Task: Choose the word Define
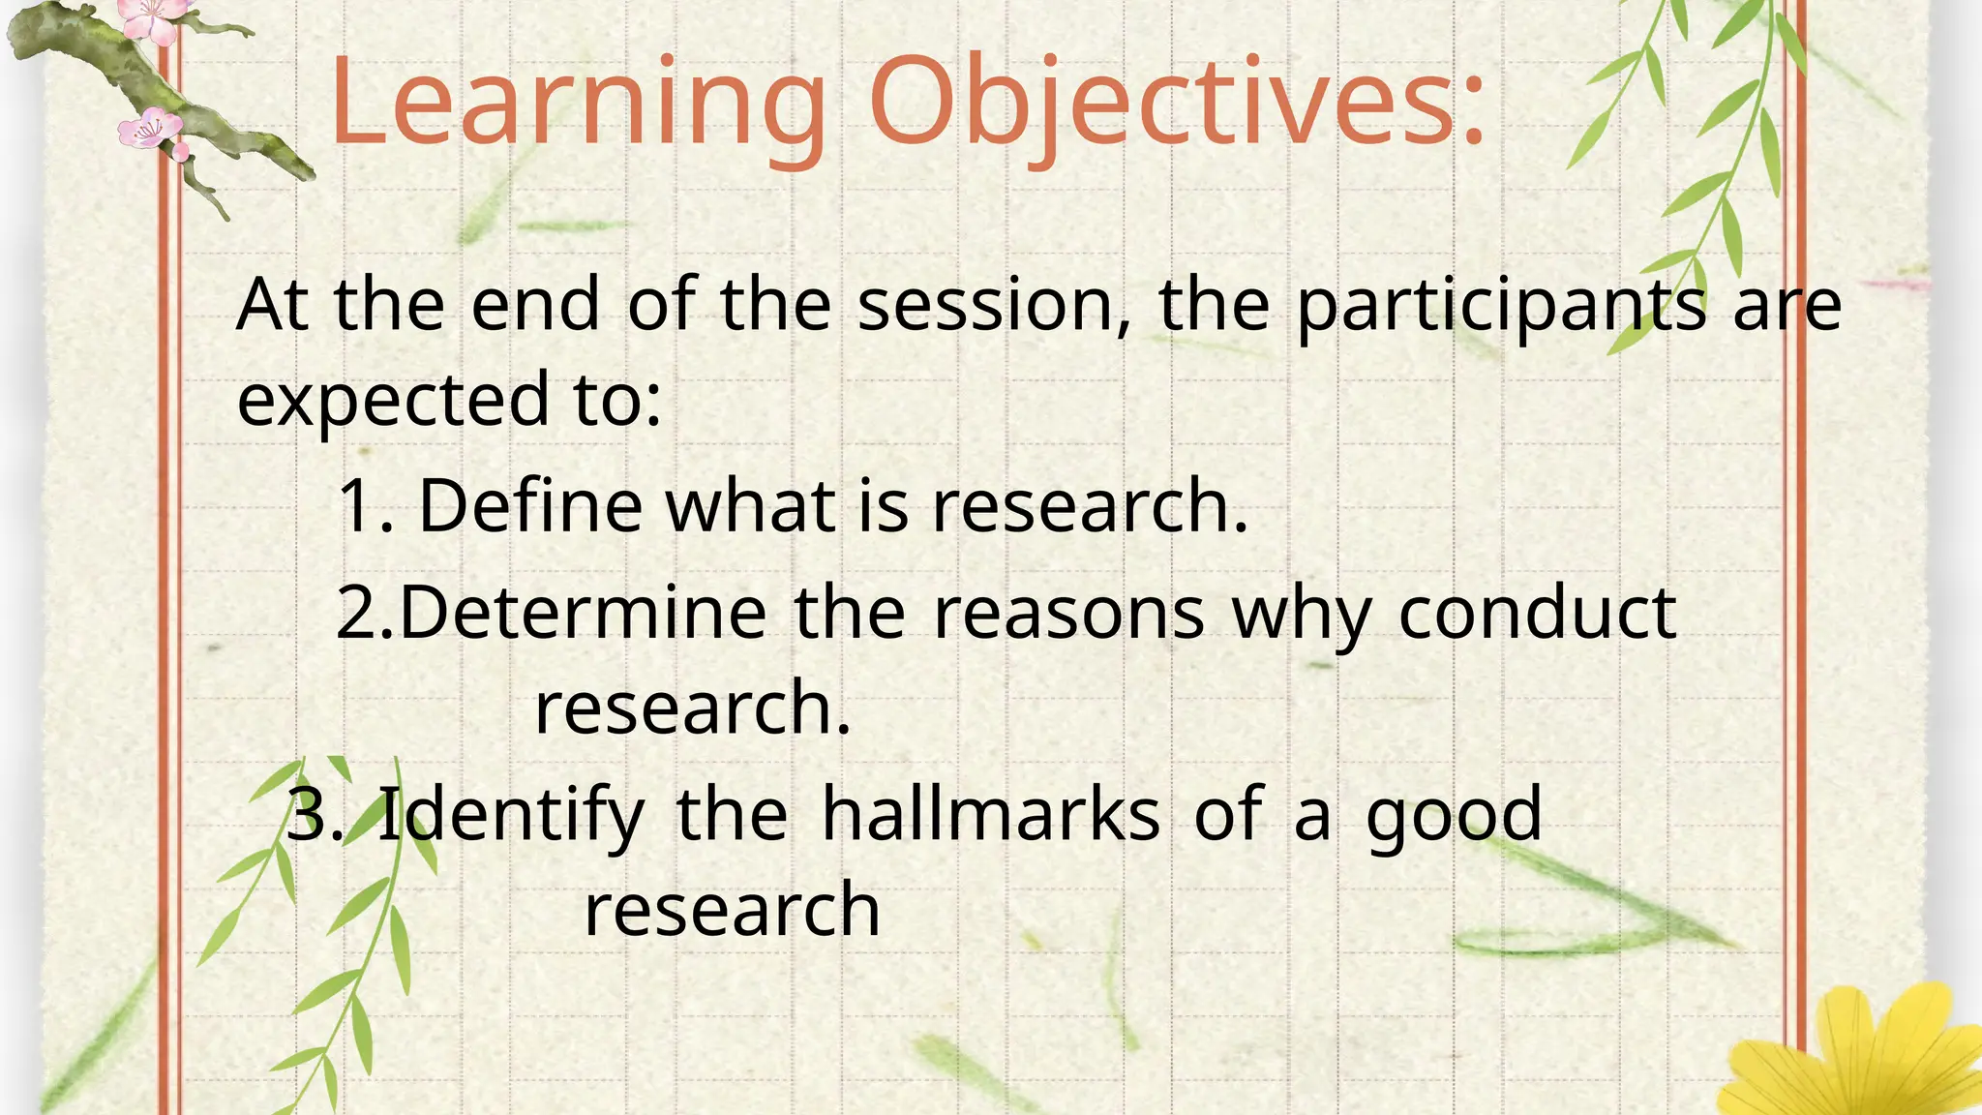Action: (x=530, y=505)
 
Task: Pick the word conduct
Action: (x=1537, y=613)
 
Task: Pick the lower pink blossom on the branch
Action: (x=149, y=129)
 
